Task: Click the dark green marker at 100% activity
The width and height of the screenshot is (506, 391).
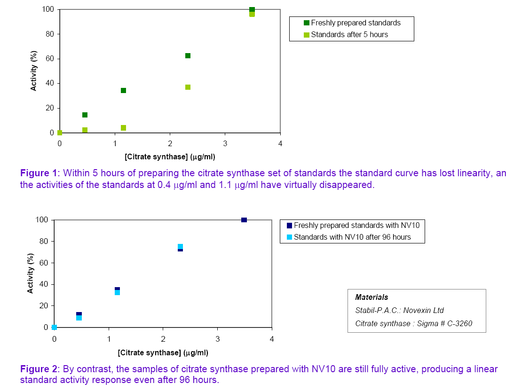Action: [x=252, y=9]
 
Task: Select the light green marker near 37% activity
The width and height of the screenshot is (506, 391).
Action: [x=188, y=87]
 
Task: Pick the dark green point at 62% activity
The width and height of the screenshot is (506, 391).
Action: [x=188, y=55]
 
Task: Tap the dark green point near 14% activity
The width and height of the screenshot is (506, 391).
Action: [x=85, y=115]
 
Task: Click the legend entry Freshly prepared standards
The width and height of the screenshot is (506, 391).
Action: [x=356, y=23]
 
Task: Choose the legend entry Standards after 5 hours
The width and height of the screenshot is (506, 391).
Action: [x=349, y=34]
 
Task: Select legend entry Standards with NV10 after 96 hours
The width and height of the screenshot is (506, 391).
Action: [x=352, y=237]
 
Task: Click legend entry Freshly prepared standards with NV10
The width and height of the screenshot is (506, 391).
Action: [x=356, y=225]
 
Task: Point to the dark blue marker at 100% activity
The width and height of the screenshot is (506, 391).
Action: [x=244, y=220]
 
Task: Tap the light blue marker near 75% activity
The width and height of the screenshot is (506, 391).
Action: [x=180, y=246]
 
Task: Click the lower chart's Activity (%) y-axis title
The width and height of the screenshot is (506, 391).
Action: [x=30, y=274]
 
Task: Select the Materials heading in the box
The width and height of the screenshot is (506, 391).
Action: [x=372, y=297]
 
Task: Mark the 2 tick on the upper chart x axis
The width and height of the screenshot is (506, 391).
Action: [x=170, y=143]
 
